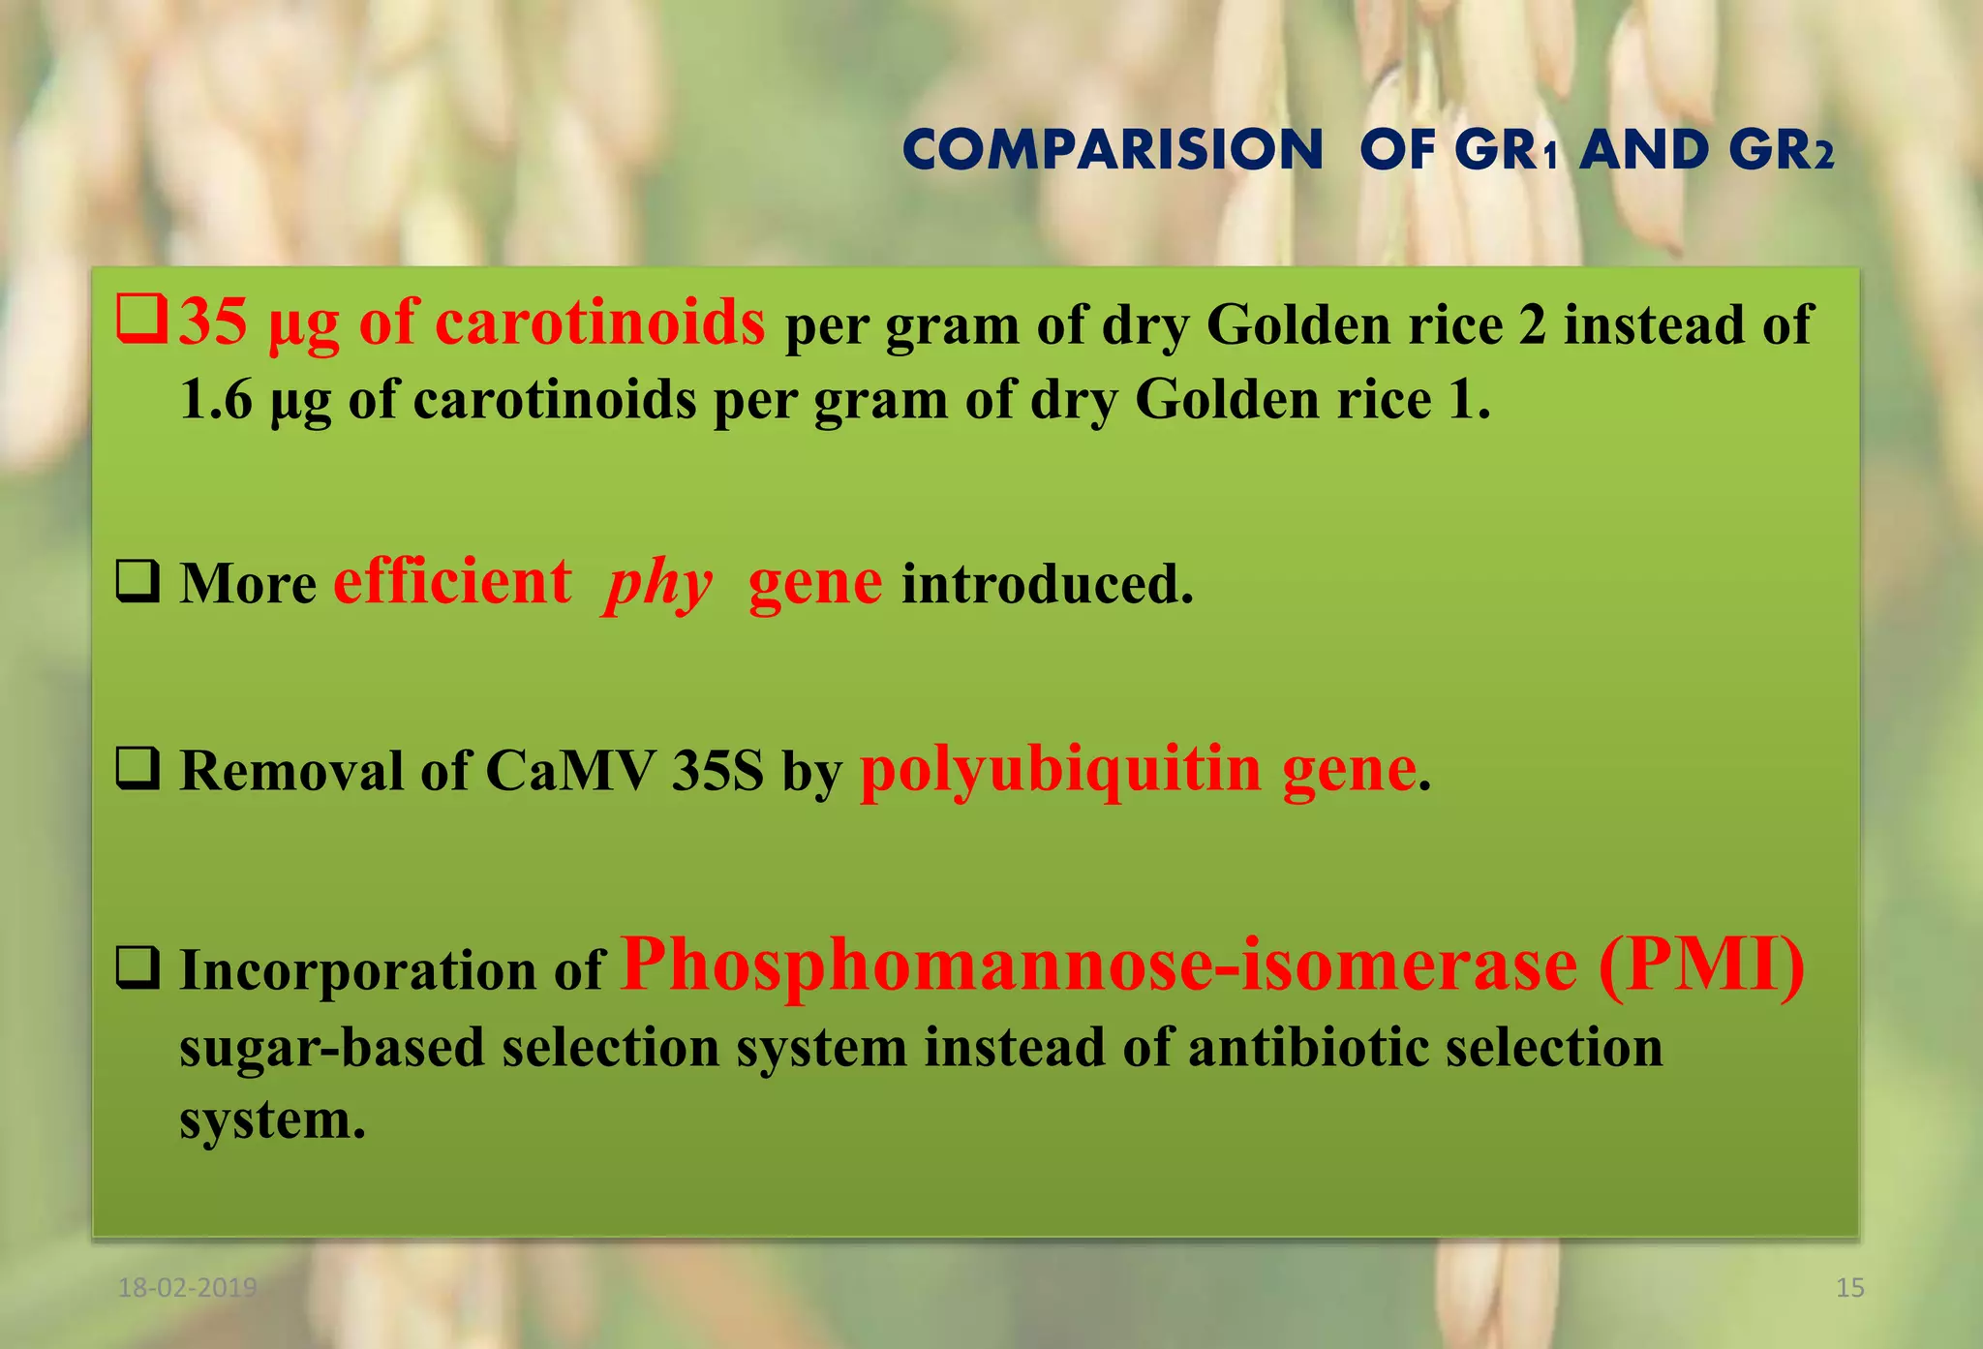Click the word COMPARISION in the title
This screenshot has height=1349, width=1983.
coord(1112,151)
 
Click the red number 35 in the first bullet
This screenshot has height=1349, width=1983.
coord(213,322)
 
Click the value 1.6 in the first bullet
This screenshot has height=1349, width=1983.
coord(216,399)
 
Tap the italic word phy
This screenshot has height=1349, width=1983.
coord(658,584)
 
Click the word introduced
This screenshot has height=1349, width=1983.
coord(1047,584)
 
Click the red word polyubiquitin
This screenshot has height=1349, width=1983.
coord(1060,772)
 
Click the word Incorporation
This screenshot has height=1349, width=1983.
coord(357,970)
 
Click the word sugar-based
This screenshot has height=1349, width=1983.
coord(331,1048)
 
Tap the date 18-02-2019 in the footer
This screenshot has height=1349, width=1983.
coord(187,1288)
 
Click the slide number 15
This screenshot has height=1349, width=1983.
coord(1849,1288)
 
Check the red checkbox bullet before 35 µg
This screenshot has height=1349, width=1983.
coord(142,322)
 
